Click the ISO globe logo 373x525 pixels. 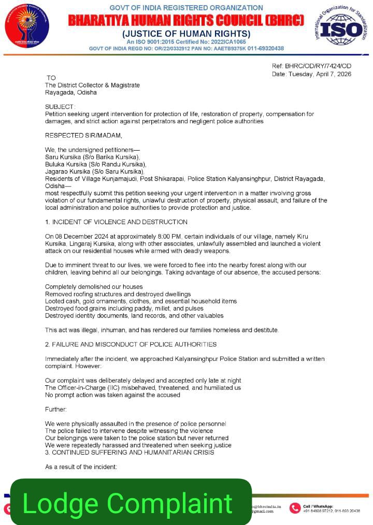pos(340,29)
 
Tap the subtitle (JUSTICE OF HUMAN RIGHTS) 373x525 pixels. pos(186,34)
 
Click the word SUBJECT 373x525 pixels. pos(60,106)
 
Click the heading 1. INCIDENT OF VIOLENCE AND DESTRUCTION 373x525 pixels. pos(116,222)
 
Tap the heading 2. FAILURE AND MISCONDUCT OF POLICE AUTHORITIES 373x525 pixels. pos(131,344)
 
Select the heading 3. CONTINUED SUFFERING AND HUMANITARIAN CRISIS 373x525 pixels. pos(129,453)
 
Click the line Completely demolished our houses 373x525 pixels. pos(94,286)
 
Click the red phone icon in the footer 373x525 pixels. pos(295,508)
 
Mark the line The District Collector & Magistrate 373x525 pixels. pos(92,85)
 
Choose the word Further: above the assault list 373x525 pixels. pos(56,409)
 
